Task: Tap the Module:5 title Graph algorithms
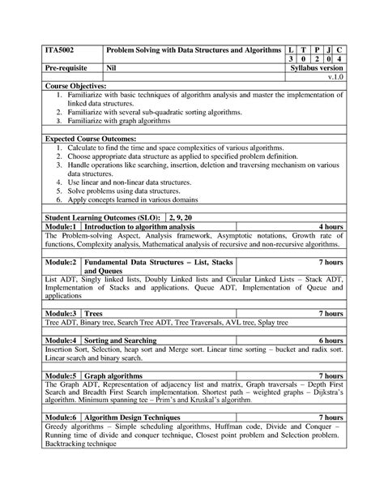point(118,376)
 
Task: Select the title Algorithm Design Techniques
point(138,416)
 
